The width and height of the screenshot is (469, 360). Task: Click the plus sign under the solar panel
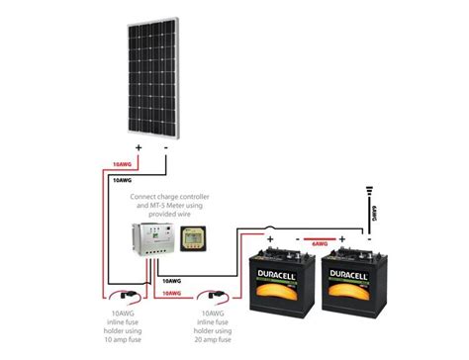click(x=139, y=148)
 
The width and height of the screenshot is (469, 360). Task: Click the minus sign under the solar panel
click(x=165, y=148)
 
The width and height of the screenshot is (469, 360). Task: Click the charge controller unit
click(x=155, y=242)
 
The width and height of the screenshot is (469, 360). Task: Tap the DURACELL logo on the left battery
click(x=283, y=279)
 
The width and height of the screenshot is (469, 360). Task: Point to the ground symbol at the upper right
click(x=368, y=189)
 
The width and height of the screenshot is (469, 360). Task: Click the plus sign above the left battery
click(x=268, y=238)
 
